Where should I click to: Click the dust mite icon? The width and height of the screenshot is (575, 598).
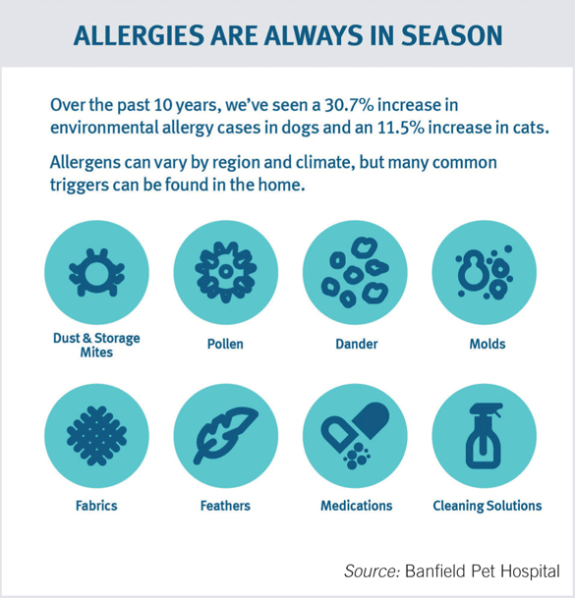coord(96,273)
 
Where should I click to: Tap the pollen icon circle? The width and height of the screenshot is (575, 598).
coord(225,273)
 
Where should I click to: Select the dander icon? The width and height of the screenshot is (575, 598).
coord(355,273)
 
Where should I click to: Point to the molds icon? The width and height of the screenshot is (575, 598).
coord(484,273)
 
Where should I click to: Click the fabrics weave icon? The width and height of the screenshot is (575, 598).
coord(96,435)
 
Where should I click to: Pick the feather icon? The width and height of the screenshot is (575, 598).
coord(225,435)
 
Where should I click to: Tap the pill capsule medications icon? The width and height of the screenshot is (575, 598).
coord(355,435)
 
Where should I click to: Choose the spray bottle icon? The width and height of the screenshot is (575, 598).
coord(484,435)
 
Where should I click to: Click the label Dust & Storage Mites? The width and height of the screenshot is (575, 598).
coord(96,345)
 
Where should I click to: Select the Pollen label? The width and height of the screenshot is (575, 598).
coord(225,345)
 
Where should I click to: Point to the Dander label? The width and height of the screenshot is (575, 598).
coord(356,345)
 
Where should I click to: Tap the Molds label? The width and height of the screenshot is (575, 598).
coord(487,345)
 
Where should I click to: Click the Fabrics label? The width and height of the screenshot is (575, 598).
coord(96,506)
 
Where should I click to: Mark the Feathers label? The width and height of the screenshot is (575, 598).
coord(225,506)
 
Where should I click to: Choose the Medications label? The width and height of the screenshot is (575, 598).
coord(356,506)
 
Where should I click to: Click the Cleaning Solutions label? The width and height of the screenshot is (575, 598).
coord(487,506)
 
